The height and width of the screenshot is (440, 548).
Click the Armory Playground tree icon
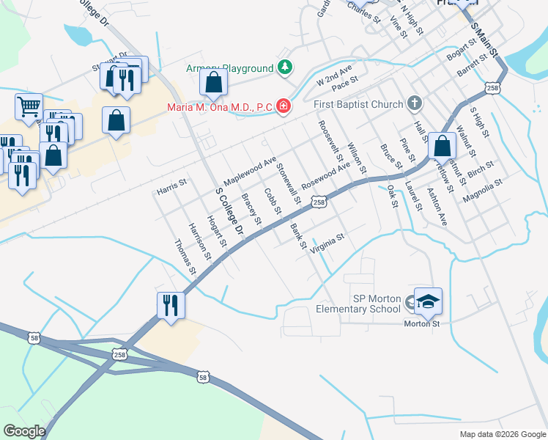(x=284, y=68)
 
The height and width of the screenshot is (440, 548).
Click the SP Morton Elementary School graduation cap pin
(x=428, y=301)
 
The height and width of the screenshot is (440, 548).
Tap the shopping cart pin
(x=29, y=106)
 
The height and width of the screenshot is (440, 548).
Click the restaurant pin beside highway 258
(x=171, y=305)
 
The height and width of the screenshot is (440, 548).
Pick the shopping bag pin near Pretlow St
(x=442, y=146)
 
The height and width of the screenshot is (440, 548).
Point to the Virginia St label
(x=327, y=243)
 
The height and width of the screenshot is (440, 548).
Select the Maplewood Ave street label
(x=250, y=169)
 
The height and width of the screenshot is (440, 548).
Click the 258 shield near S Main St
(x=492, y=89)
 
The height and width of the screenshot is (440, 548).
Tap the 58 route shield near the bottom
(x=203, y=377)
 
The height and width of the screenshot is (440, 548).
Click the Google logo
(x=24, y=431)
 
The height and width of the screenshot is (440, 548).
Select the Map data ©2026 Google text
(x=502, y=434)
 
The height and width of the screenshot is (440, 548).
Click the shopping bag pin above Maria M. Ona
(x=213, y=84)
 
